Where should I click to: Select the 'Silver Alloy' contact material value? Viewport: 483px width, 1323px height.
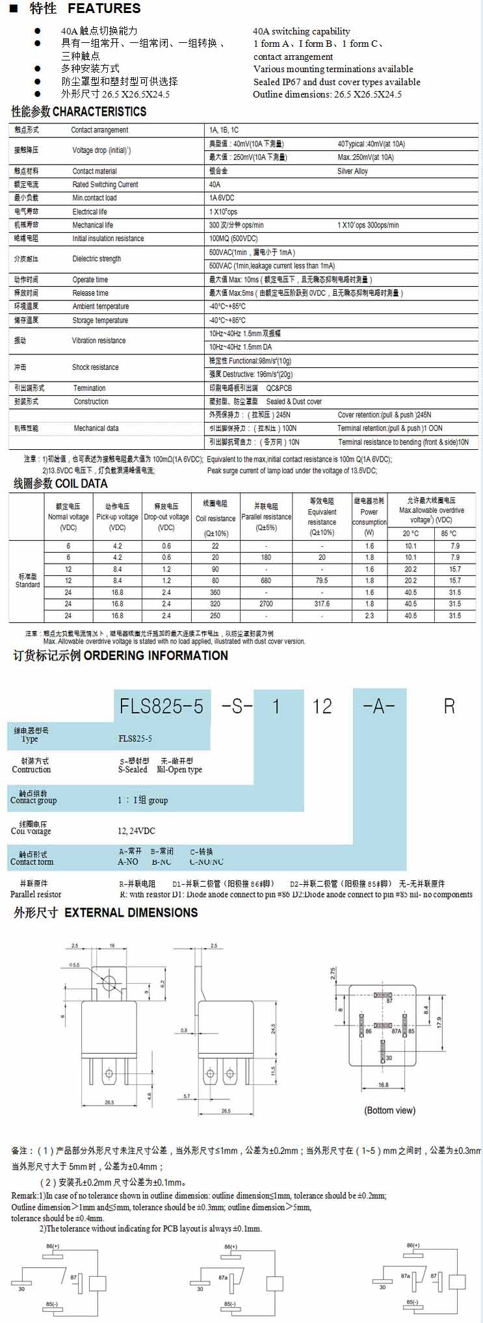pyautogui.click(x=352, y=171)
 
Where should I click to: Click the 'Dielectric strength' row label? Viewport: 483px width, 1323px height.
pyautogui.click(x=96, y=259)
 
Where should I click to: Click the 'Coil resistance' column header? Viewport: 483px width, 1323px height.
pyautogui.click(x=215, y=518)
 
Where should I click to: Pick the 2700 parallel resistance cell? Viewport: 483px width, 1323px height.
pyautogui.click(x=266, y=604)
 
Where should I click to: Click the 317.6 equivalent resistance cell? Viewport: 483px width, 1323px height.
pyautogui.click(x=322, y=604)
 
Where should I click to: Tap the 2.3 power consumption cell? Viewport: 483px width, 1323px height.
pyautogui.click(x=369, y=616)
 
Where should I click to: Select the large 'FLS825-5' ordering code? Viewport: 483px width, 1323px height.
pyautogui.click(x=161, y=706)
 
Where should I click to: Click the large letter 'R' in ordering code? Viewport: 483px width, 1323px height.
pyautogui.click(x=449, y=706)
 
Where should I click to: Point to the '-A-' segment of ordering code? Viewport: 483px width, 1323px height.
pyautogui.click(x=379, y=706)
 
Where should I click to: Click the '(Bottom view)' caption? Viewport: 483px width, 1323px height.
pyautogui.click(x=389, y=1110)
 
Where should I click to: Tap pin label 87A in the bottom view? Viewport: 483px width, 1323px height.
pyautogui.click(x=397, y=1031)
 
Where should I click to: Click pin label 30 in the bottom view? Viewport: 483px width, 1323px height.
pyautogui.click(x=389, y=1058)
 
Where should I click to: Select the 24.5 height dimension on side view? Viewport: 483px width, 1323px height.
pyautogui.click(x=273, y=1029)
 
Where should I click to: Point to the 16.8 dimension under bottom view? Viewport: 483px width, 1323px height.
pyautogui.click(x=383, y=1085)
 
